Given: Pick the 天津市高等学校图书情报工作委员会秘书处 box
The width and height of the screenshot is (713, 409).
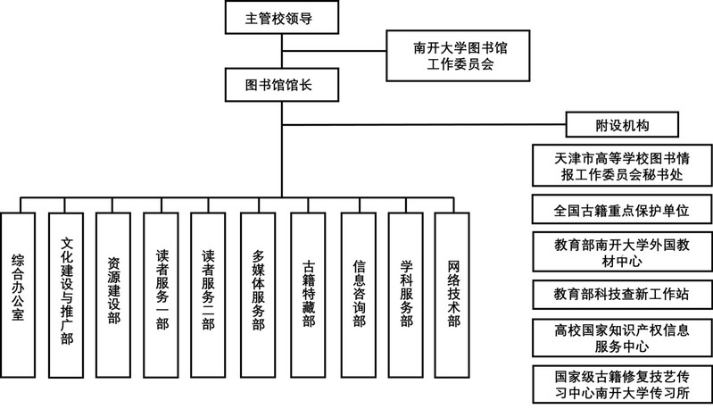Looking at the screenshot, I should point(621,165).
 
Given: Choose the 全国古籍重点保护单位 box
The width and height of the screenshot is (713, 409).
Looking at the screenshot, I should point(621,210).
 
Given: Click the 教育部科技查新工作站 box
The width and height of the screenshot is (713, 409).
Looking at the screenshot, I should point(621,292).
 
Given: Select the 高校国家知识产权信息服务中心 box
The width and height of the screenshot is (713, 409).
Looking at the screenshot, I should point(621,336).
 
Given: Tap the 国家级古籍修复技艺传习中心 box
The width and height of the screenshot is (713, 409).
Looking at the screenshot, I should point(621,381).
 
